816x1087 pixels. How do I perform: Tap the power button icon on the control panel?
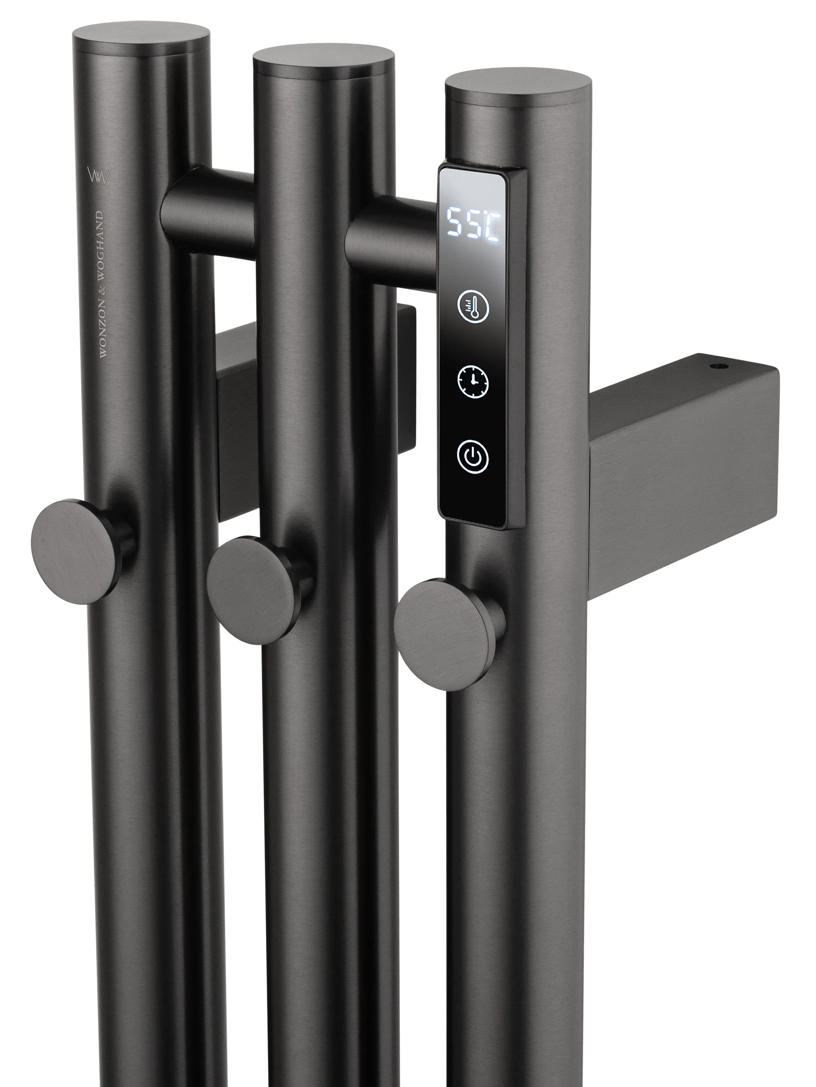pos(473,457)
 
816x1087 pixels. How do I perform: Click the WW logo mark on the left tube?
pos(99,175)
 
